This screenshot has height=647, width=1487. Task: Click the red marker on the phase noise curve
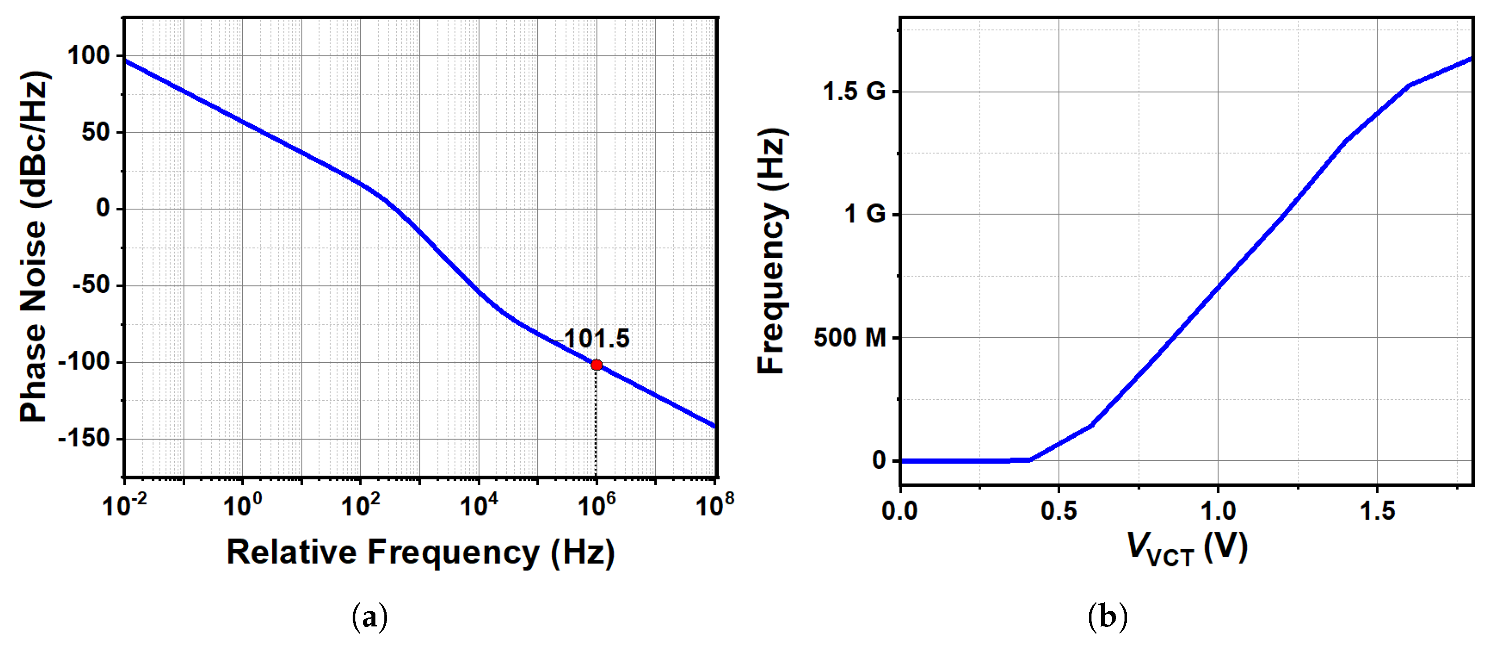point(596,365)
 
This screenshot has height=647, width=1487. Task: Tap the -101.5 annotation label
point(591,339)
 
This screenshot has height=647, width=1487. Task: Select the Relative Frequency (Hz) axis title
point(420,552)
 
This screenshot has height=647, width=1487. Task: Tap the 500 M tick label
point(849,338)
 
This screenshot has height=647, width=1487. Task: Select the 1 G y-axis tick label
point(864,214)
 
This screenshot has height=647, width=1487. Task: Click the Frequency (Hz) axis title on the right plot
point(772,251)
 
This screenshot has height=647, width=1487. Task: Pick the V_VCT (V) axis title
point(1187,549)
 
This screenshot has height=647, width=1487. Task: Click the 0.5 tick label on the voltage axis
point(1059,511)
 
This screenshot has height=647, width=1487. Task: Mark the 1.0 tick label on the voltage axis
point(1218,511)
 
